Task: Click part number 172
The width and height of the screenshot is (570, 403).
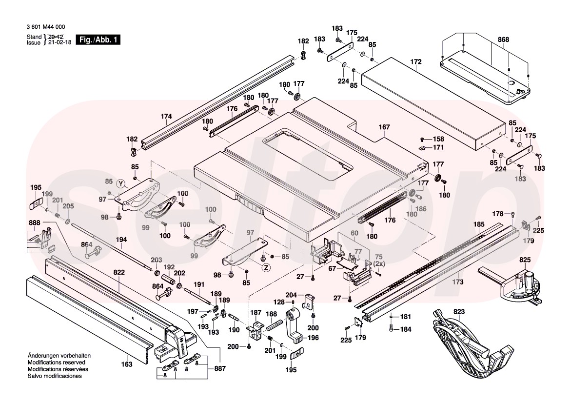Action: coord(415,62)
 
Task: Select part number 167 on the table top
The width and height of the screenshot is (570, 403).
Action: coord(384,127)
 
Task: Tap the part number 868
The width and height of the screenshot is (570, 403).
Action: coord(503,39)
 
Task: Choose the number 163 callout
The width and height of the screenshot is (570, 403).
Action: coord(126,364)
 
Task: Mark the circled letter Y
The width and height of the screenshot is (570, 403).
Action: coord(121,183)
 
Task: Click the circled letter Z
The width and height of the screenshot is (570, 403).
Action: coord(266,267)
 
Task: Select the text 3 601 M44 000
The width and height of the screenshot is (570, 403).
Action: coord(46,27)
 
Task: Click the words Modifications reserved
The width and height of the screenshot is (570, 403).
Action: coord(57,363)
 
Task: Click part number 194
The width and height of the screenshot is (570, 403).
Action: coord(121,240)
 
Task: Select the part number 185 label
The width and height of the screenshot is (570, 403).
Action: coord(479,224)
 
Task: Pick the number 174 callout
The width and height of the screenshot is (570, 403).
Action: coord(166,116)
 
